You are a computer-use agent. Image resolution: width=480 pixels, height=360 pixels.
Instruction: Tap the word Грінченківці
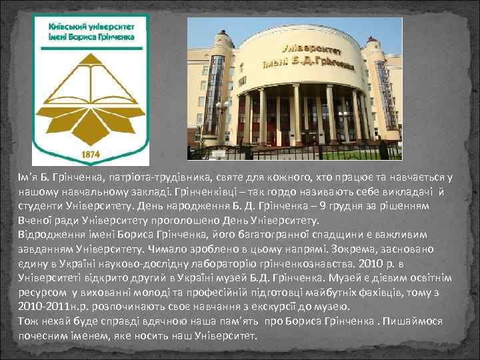point(200,190)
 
